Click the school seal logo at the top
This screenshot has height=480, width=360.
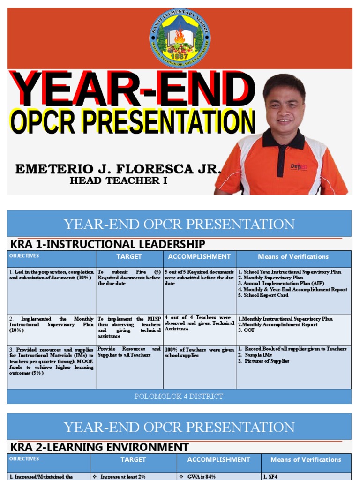[180, 37]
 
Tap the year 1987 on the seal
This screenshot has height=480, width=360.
[180, 56]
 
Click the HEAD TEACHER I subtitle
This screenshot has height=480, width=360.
[118, 181]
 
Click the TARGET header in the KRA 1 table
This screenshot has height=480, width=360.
[129, 256]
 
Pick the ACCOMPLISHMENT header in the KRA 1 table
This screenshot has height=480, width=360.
[199, 256]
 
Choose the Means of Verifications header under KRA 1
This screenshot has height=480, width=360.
[293, 256]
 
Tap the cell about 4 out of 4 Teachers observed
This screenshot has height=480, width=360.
[199, 323]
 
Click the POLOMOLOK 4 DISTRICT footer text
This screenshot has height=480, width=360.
[179, 396]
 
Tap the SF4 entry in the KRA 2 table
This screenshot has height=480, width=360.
[270, 476]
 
